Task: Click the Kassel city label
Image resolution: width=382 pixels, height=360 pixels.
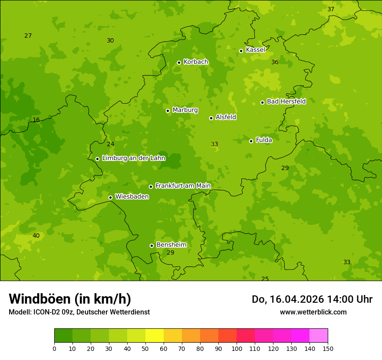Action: coord(255,50)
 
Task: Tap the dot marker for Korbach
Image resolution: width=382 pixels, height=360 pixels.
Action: coord(179,62)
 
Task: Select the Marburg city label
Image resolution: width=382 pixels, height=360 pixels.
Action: coord(185,110)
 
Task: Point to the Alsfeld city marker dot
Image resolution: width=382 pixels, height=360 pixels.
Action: coord(211,118)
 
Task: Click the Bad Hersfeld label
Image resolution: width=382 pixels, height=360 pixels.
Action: coord(286,101)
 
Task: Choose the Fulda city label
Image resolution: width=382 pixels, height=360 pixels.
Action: coord(264,140)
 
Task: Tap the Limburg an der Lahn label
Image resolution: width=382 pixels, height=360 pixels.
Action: coord(133,158)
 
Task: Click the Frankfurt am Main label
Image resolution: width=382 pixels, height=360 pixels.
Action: coord(183,186)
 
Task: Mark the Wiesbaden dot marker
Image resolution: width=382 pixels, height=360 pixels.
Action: coord(110,197)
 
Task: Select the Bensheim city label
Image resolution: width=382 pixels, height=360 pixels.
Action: coord(171,245)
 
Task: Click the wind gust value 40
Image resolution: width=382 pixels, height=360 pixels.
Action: coord(36,236)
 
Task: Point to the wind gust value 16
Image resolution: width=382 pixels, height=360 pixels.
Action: coord(36,120)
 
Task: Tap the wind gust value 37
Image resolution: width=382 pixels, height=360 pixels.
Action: coord(331,10)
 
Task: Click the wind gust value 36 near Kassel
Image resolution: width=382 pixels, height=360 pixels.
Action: coord(275,62)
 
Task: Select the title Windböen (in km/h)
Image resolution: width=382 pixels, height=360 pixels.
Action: coord(70,299)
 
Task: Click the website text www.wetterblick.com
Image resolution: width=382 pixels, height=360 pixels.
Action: coord(313,312)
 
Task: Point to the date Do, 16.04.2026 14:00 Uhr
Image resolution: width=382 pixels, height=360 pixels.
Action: coord(312,299)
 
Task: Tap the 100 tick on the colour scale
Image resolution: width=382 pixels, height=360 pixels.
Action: coord(237,348)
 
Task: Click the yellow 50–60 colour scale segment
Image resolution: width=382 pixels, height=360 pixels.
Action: coord(155,335)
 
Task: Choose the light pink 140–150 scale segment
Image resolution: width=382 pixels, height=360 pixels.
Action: coord(319,335)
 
